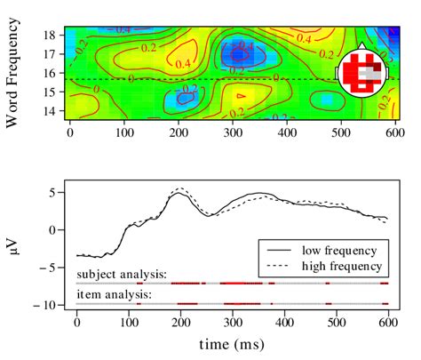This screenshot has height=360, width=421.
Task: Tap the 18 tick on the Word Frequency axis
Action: pos(50,34)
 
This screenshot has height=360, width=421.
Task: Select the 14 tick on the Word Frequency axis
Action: pos(50,111)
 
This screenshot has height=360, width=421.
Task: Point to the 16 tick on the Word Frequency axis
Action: pos(50,72)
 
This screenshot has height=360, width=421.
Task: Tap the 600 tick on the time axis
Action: pos(385,324)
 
